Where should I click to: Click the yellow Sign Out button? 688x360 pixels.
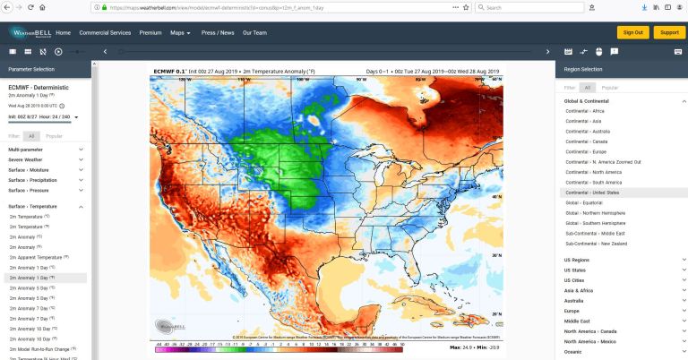tap(632, 32)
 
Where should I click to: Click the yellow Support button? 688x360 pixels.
tap(668, 32)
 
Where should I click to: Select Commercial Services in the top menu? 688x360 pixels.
tap(105, 32)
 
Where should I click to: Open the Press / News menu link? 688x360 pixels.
tap(218, 32)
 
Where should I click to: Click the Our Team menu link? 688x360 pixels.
tap(254, 32)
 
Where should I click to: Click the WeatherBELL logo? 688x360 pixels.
tap(30, 32)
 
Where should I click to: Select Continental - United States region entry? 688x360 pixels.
tap(592, 193)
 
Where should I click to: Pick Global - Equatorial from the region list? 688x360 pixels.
tap(583, 202)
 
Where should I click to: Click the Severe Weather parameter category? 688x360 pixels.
tap(28, 159)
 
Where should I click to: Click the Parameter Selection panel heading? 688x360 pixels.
tap(31, 69)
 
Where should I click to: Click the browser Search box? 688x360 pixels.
tap(529, 7)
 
